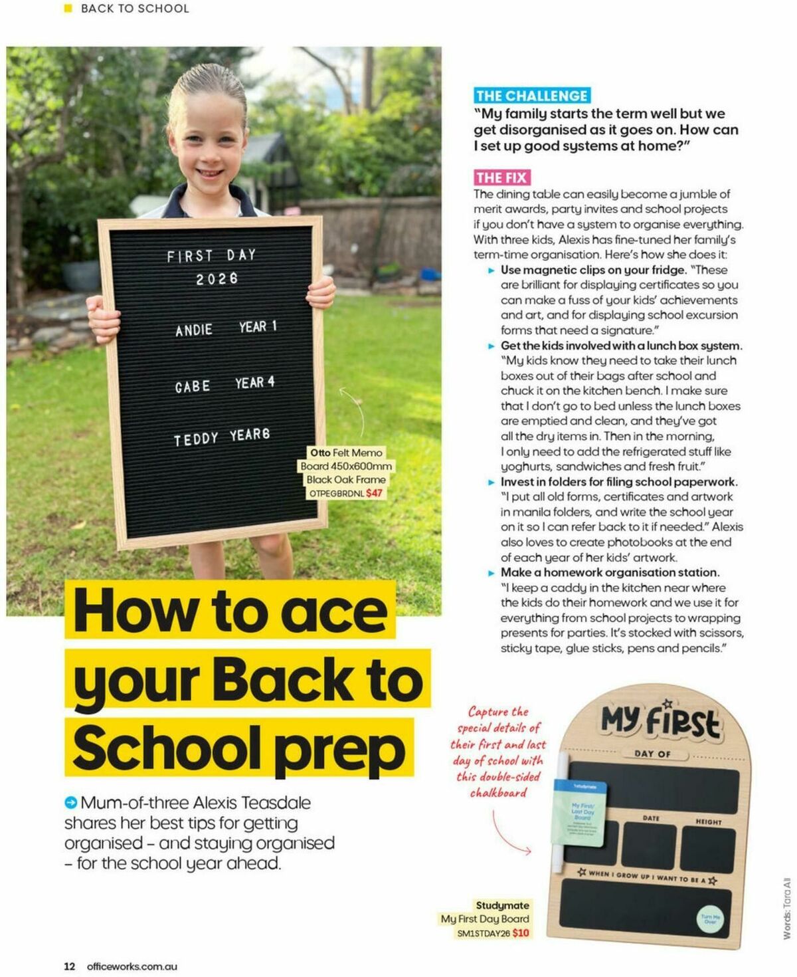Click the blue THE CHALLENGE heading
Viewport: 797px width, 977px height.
point(531,96)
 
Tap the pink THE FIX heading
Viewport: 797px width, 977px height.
point(501,177)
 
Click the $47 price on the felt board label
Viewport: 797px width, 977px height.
point(375,493)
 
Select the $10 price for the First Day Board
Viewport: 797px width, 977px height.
point(521,933)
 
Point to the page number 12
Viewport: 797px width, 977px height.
point(69,966)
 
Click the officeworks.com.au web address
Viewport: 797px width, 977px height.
point(132,966)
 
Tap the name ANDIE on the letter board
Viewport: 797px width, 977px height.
point(194,330)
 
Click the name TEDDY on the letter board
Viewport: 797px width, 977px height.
point(196,439)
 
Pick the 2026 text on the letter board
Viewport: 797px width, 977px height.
point(217,279)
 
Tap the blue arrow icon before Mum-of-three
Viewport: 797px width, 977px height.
point(70,803)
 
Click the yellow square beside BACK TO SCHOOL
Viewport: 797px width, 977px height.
point(68,9)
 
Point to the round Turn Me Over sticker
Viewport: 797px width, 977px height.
point(709,919)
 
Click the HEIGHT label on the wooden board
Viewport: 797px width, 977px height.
point(708,822)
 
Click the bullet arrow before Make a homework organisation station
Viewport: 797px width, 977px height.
point(491,573)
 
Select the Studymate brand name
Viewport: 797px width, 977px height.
point(502,905)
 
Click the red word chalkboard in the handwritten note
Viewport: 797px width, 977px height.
point(498,793)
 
